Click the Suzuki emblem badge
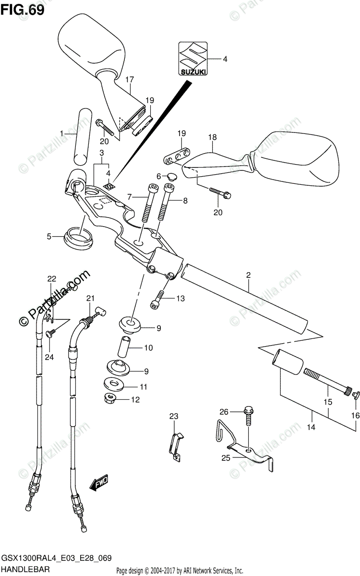[193, 59]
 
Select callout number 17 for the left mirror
[129, 79]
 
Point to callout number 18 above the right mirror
[212, 137]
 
